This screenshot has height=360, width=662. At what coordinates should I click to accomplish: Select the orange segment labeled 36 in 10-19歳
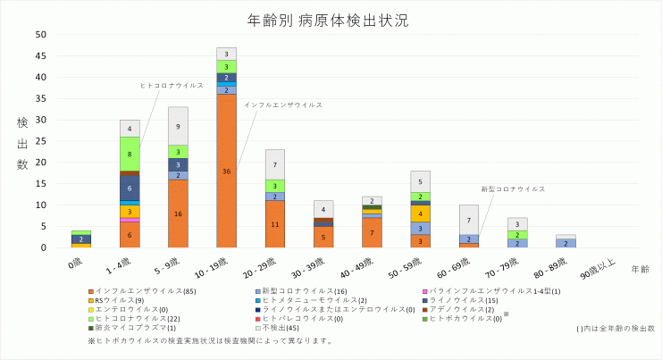pos(226,171)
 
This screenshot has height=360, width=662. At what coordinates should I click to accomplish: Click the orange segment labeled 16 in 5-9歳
pos(178,213)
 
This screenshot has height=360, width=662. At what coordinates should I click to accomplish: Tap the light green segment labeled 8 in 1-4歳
pos(130,154)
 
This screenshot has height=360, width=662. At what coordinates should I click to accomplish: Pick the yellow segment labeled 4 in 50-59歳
pos(419,213)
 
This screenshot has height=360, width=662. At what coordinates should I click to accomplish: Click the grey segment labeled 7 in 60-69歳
pos(467,220)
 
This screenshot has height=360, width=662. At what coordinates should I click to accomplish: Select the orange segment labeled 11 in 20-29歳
pos(274,224)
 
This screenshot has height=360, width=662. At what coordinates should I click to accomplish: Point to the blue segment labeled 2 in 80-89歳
pos(565,243)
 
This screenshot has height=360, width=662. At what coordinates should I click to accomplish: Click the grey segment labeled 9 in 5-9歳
pos(178,126)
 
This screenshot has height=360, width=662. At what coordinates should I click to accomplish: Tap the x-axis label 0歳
pos(78,264)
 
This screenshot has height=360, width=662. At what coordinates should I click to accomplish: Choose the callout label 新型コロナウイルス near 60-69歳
pos(513,189)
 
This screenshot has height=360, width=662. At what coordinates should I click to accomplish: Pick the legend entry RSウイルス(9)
pos(113,300)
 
